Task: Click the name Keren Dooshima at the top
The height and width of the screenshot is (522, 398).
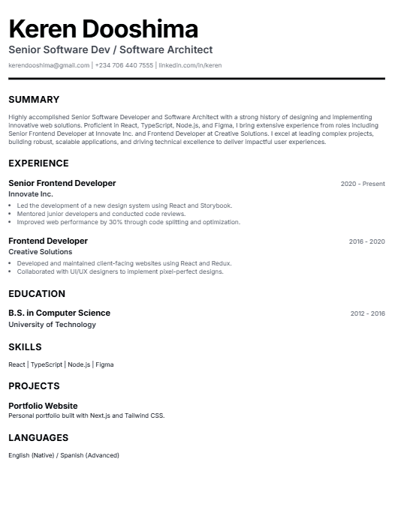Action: click(x=104, y=29)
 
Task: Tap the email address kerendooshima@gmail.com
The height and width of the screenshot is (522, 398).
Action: click(x=49, y=66)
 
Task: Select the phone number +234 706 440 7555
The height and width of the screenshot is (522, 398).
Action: click(x=124, y=66)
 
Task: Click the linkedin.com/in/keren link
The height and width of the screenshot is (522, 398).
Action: click(x=190, y=66)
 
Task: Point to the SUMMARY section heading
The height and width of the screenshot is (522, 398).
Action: click(x=34, y=100)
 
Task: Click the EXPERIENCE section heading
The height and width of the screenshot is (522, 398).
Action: click(x=38, y=163)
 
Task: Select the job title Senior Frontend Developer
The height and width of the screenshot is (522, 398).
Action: click(x=62, y=184)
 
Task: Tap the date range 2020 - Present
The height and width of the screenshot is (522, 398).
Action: click(x=363, y=184)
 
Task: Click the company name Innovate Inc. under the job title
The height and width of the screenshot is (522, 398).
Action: click(x=31, y=194)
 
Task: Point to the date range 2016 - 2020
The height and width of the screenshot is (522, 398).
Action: click(x=366, y=241)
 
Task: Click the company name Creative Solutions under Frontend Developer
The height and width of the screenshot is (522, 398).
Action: click(x=41, y=252)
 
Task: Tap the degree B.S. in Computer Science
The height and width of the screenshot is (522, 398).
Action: click(x=59, y=313)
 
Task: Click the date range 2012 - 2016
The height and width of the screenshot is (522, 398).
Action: click(x=367, y=313)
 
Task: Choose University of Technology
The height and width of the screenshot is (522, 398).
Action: click(x=53, y=325)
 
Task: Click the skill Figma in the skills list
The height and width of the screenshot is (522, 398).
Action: click(x=104, y=364)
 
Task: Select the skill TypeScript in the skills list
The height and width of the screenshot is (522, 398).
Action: click(x=47, y=364)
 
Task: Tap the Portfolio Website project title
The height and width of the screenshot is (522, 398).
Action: click(x=43, y=406)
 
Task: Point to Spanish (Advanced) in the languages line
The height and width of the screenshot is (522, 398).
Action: click(x=92, y=455)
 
